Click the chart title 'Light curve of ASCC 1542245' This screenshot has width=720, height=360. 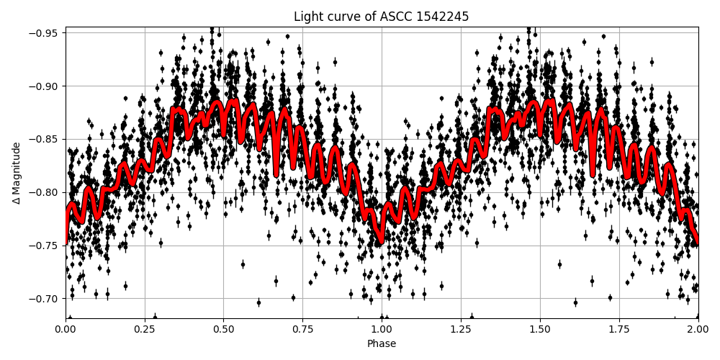(382, 17)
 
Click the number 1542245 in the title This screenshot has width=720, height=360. (442, 17)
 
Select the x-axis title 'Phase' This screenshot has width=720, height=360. (382, 344)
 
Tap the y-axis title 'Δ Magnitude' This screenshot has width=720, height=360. (17, 173)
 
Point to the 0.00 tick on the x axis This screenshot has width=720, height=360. (66, 330)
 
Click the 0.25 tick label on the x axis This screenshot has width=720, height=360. (145, 330)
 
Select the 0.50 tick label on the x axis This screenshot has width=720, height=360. (223, 330)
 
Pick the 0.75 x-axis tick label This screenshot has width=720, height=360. (302, 330)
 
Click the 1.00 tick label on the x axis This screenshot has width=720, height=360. (382, 330)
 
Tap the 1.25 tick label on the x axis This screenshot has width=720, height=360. (461, 330)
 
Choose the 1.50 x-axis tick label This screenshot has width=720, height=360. (540, 330)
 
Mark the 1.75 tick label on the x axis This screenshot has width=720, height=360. (619, 330)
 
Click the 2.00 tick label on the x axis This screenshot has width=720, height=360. (698, 330)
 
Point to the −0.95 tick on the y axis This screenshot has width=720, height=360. (46, 33)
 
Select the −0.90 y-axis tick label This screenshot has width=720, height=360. (46, 86)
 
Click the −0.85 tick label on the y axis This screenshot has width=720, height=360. (46, 139)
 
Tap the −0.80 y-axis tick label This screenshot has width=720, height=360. (46, 192)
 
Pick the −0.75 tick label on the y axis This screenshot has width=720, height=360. (46, 246)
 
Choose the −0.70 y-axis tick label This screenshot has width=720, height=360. (46, 299)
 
